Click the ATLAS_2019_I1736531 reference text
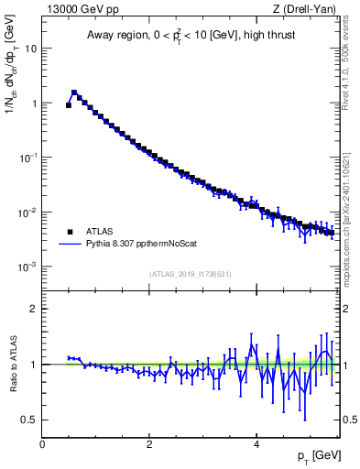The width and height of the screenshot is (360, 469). [x=191, y=274]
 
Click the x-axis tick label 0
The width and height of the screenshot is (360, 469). [x=42, y=443]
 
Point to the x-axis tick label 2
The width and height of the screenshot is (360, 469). [x=149, y=443]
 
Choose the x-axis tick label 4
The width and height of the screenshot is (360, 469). [x=256, y=443]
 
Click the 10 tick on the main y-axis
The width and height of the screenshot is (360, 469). [x=30, y=49]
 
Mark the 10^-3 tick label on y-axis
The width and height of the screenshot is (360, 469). [x=27, y=267]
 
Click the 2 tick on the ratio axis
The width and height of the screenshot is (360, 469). [x=33, y=309]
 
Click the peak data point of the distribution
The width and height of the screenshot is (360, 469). [x=74, y=93]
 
